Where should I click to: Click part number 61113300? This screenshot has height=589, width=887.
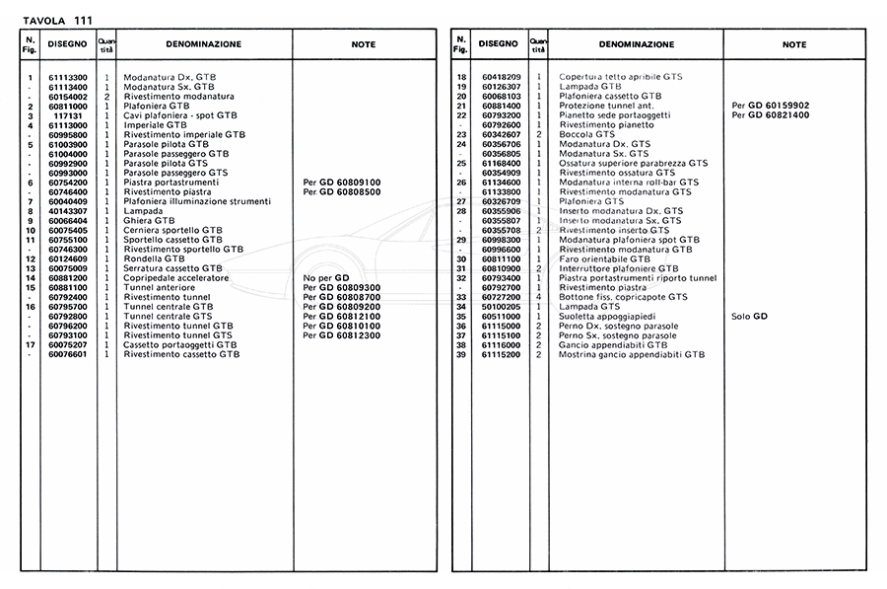[69, 77]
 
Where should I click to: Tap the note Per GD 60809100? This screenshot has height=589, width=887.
[342, 183]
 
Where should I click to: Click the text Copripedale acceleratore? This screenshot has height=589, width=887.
[176, 278]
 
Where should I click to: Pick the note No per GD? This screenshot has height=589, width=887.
[327, 278]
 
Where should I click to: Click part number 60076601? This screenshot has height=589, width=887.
[69, 354]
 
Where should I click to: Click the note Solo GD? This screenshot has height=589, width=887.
[750, 316]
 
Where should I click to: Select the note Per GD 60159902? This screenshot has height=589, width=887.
[771, 106]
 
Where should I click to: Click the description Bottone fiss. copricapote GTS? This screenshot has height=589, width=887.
[623, 297]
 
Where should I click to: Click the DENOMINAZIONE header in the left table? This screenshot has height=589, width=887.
[204, 44]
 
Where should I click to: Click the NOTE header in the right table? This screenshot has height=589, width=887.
[794, 44]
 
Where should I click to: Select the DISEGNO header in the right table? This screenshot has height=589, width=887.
[498, 44]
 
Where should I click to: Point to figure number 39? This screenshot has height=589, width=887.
[460, 354]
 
